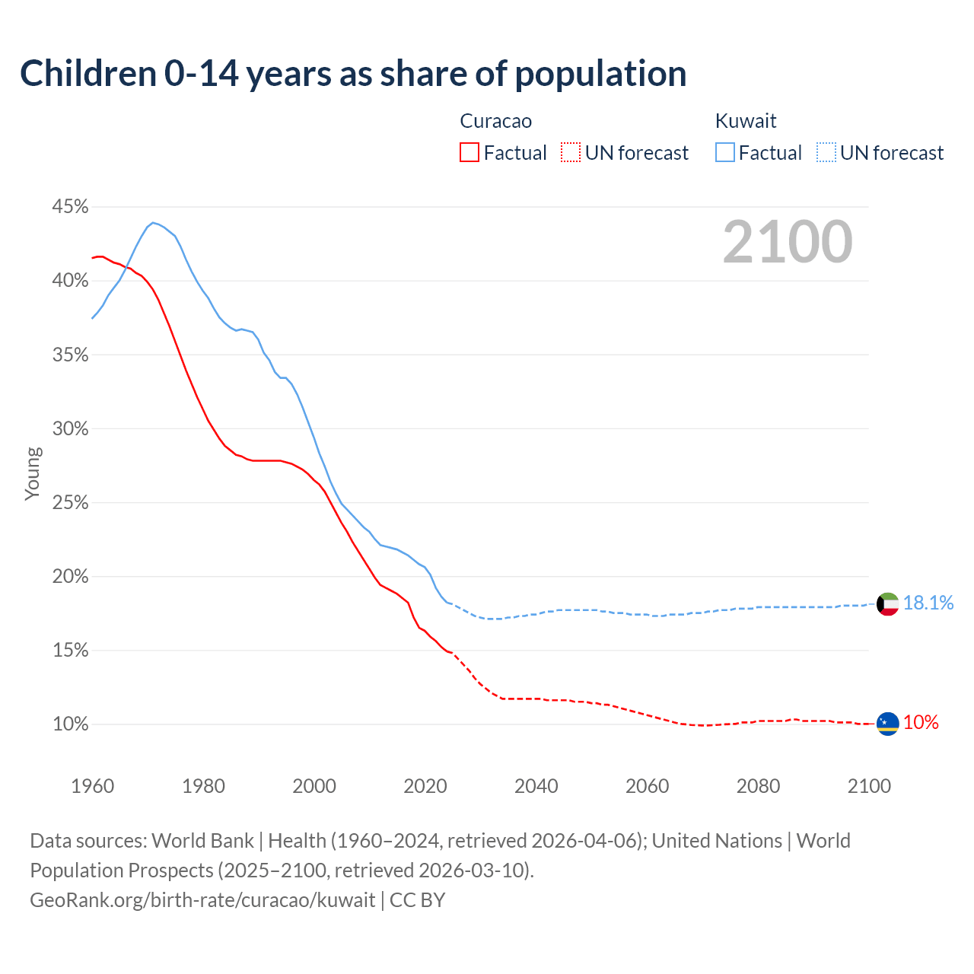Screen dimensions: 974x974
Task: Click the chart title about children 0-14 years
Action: click(x=353, y=74)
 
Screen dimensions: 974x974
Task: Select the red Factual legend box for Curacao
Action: click(x=469, y=153)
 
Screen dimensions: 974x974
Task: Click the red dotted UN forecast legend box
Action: click(x=571, y=153)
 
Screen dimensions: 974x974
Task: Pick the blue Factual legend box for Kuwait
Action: click(x=725, y=153)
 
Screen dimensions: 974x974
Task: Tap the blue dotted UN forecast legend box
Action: click(x=826, y=153)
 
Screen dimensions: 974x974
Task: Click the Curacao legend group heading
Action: click(x=495, y=121)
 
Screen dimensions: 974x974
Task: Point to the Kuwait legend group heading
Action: click(x=746, y=121)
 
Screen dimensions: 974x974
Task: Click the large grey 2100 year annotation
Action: click(x=788, y=242)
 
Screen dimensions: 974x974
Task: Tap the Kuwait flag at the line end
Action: click(x=887, y=603)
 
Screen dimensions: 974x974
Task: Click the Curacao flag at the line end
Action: click(x=887, y=724)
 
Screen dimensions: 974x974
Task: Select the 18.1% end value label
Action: click(x=928, y=603)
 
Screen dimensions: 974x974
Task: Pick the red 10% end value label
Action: click(x=921, y=723)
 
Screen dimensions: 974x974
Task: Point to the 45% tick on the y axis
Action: click(x=70, y=207)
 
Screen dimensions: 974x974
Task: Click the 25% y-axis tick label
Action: click(x=70, y=503)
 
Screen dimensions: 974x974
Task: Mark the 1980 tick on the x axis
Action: click(x=203, y=786)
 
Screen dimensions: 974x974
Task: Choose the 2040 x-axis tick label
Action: click(x=536, y=786)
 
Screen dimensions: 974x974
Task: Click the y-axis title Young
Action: click(x=33, y=473)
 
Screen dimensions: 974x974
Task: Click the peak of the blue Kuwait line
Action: click(x=153, y=222)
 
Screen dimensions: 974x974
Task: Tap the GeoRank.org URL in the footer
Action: click(x=202, y=900)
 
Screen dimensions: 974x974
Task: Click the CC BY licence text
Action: click(x=417, y=900)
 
